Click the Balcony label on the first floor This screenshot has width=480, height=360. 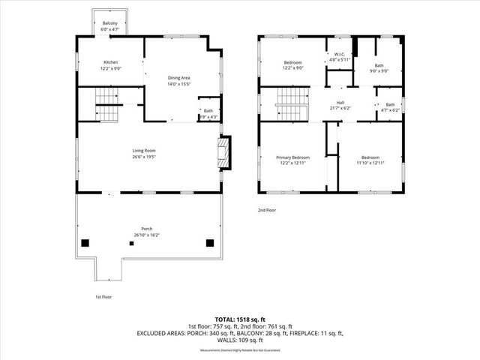(x=110, y=24)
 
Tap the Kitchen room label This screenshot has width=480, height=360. (x=110, y=62)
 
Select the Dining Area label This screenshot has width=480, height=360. (x=178, y=78)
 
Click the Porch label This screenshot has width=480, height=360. (x=147, y=228)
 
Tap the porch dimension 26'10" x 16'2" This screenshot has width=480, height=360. (x=147, y=235)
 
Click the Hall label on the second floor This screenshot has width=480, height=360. (x=340, y=103)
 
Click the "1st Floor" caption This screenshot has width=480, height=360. (x=103, y=297)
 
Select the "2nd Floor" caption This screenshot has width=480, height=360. (x=266, y=211)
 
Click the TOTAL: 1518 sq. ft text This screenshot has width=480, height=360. (x=239, y=319)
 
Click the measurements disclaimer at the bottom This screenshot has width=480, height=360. (x=239, y=351)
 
